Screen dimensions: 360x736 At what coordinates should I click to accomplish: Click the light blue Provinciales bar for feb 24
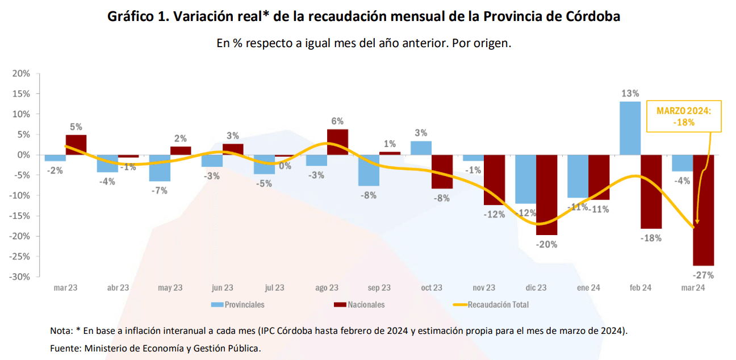tap(630, 128)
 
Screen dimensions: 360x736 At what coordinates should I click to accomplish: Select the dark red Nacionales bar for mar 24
tap(703, 210)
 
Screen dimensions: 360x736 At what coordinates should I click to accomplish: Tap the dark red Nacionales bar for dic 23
tap(546, 194)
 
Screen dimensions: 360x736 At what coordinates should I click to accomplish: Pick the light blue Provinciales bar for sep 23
tap(369, 170)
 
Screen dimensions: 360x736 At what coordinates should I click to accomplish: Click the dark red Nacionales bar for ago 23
tap(337, 142)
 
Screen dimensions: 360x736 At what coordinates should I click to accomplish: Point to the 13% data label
tap(630, 94)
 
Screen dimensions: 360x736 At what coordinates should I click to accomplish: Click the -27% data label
tap(704, 275)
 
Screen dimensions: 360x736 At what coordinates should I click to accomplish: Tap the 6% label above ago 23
tap(337, 121)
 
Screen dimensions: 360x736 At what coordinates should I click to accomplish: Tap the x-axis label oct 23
tap(431, 288)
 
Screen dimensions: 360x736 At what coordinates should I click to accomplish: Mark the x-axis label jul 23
tap(274, 288)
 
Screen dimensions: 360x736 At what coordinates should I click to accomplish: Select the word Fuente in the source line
tap(65, 348)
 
